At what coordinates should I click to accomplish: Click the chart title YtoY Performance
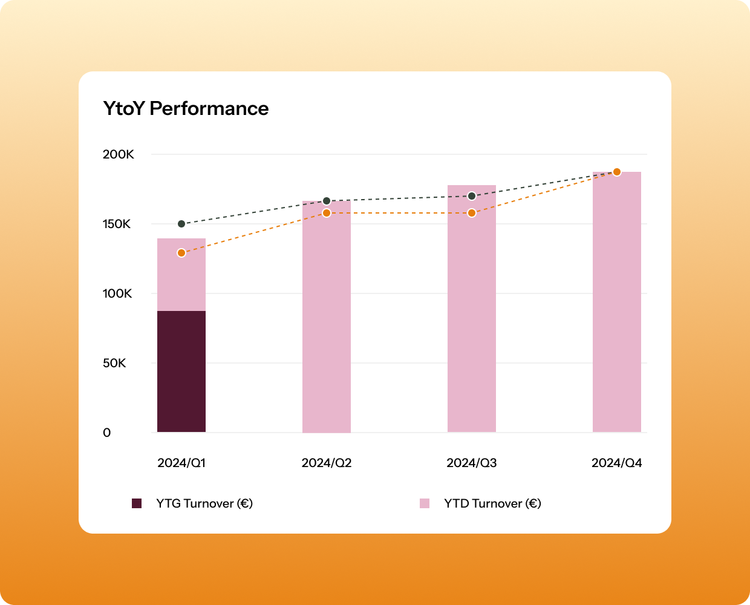click(186, 108)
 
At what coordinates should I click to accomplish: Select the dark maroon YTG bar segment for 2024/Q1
click(181, 371)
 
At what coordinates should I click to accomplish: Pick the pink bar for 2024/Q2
click(327, 327)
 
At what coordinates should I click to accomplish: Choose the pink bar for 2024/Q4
click(617, 302)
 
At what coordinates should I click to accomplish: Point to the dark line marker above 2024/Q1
click(181, 224)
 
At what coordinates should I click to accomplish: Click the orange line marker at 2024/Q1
click(181, 253)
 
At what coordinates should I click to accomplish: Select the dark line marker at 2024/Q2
click(327, 201)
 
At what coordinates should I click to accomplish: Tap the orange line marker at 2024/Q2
click(327, 213)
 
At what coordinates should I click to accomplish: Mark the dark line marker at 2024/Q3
click(472, 196)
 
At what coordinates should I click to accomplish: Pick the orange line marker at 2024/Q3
click(472, 213)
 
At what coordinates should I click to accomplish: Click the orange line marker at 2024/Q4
click(617, 172)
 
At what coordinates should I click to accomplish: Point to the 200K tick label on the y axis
click(118, 154)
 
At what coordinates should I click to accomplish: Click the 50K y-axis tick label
click(114, 363)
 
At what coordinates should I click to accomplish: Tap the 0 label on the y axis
click(107, 433)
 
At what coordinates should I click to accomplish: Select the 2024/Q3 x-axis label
click(472, 463)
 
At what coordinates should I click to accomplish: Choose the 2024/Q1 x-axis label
click(181, 463)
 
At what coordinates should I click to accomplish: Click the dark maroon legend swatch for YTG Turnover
click(137, 503)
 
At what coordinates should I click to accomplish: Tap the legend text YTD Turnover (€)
click(492, 503)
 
